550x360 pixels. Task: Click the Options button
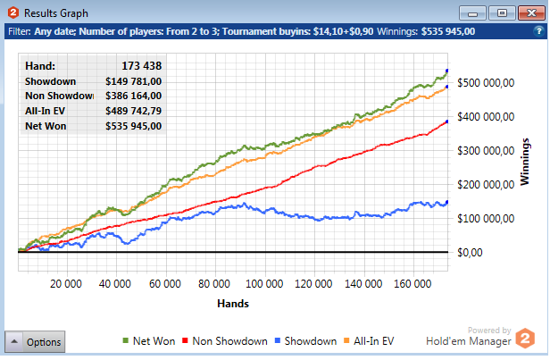click(35, 341)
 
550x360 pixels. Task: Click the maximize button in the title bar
click(503, 13)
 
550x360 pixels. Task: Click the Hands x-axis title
click(232, 304)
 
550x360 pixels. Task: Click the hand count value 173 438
click(141, 66)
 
